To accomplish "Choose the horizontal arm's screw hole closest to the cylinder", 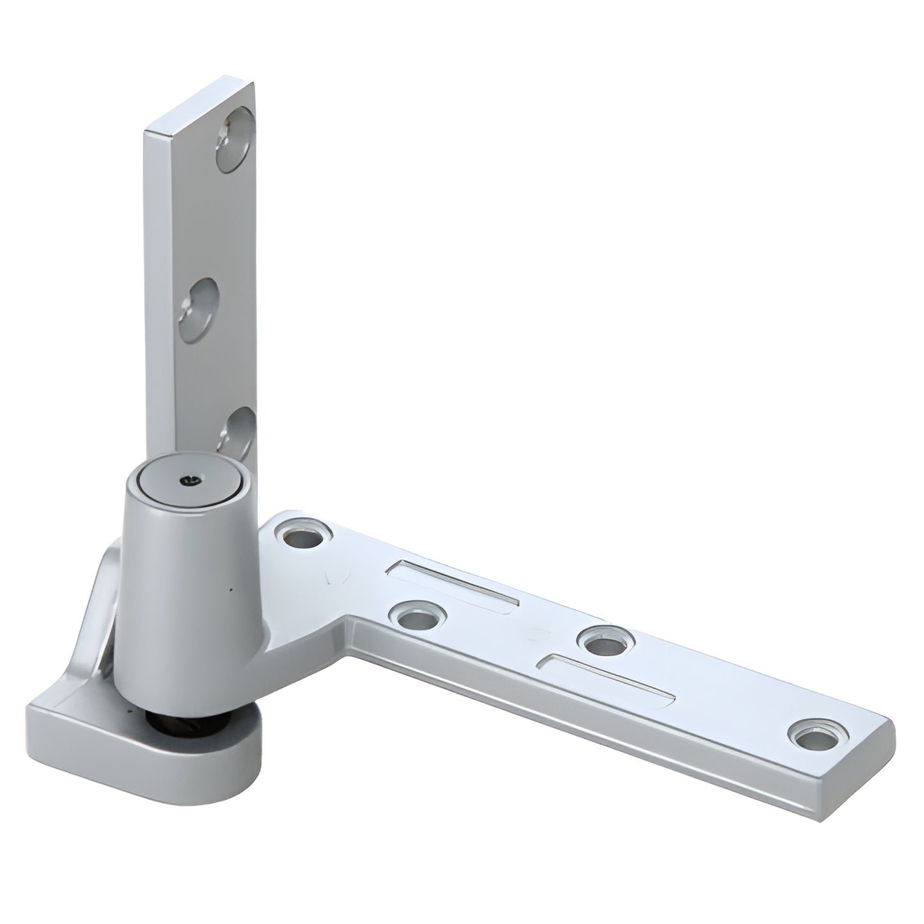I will coord(303,536).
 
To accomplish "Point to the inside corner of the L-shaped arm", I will coord(348,619).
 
